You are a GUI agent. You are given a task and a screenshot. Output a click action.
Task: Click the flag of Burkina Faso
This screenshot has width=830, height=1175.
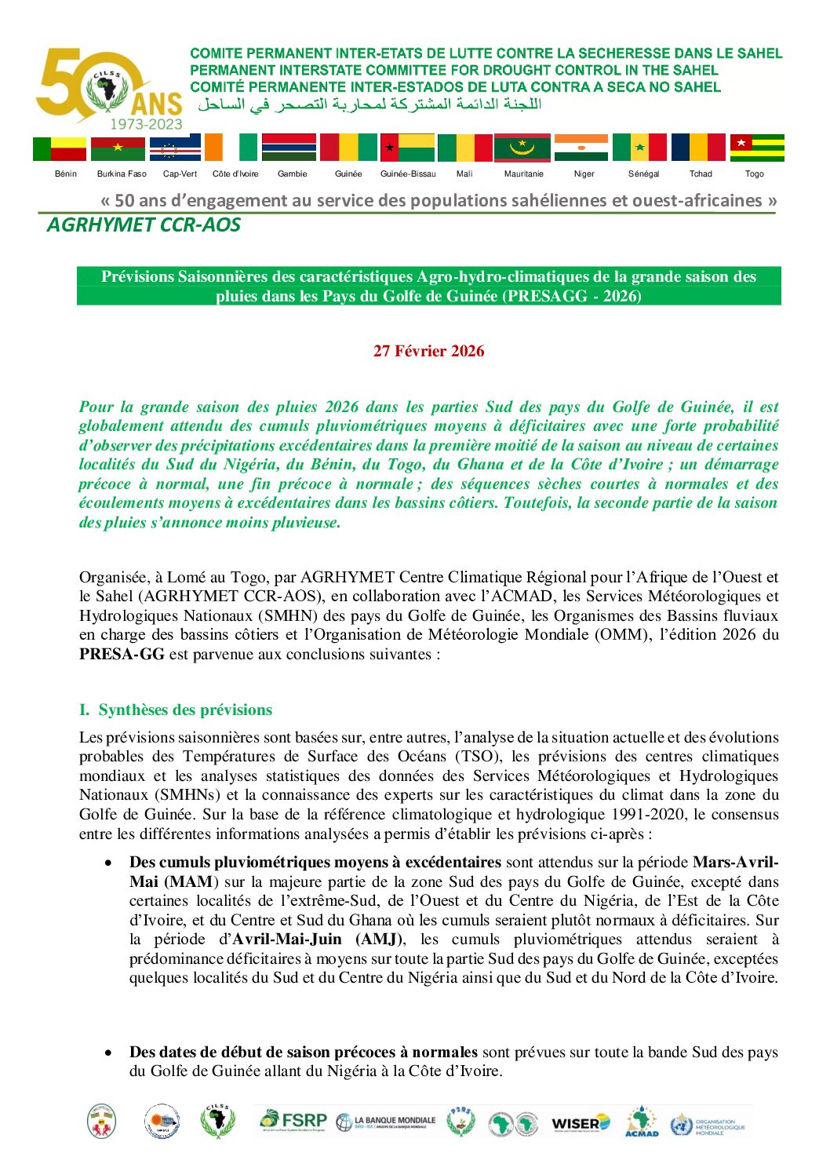tap(118, 148)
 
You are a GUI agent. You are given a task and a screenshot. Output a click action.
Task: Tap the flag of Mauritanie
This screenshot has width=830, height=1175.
tap(522, 148)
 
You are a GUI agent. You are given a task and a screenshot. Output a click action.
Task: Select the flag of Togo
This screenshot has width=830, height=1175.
tap(757, 148)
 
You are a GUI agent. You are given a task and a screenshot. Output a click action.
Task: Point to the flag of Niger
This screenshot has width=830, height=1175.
tap(581, 148)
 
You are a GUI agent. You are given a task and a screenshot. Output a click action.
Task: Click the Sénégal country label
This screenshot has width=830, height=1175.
tap(643, 174)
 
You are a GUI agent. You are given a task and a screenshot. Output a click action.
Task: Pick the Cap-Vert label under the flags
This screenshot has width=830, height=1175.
tap(180, 174)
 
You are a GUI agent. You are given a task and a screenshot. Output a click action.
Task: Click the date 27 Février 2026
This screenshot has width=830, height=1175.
tap(428, 351)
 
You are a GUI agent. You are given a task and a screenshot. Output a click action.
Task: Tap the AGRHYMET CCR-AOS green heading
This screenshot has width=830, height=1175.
tap(144, 225)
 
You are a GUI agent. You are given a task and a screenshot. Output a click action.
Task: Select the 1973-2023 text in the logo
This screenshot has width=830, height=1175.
tap(146, 124)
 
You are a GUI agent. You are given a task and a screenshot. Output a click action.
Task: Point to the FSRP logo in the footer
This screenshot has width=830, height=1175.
tap(293, 1121)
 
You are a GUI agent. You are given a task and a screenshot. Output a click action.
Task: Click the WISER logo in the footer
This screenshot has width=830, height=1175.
tap(581, 1123)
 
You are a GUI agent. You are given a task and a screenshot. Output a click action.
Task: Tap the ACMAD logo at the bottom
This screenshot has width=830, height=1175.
tap(642, 1122)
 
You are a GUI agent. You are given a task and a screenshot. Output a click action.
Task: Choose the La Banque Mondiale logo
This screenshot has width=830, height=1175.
tap(386, 1122)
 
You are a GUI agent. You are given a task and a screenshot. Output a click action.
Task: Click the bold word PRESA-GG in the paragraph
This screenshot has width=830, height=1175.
tap(122, 654)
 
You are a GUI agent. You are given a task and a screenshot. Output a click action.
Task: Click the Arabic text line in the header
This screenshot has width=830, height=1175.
tap(369, 104)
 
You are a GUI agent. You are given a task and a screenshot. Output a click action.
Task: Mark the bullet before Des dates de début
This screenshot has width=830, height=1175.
tap(108, 1053)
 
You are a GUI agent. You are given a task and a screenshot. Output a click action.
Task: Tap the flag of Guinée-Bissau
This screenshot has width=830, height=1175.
tap(407, 148)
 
